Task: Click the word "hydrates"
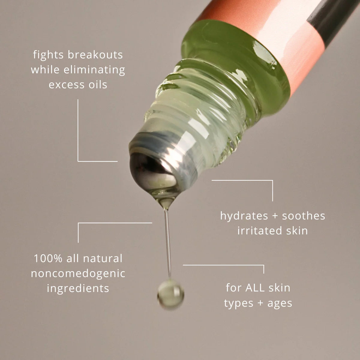240,216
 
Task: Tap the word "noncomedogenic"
78,273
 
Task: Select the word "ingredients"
78,288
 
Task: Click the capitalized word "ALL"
255,288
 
